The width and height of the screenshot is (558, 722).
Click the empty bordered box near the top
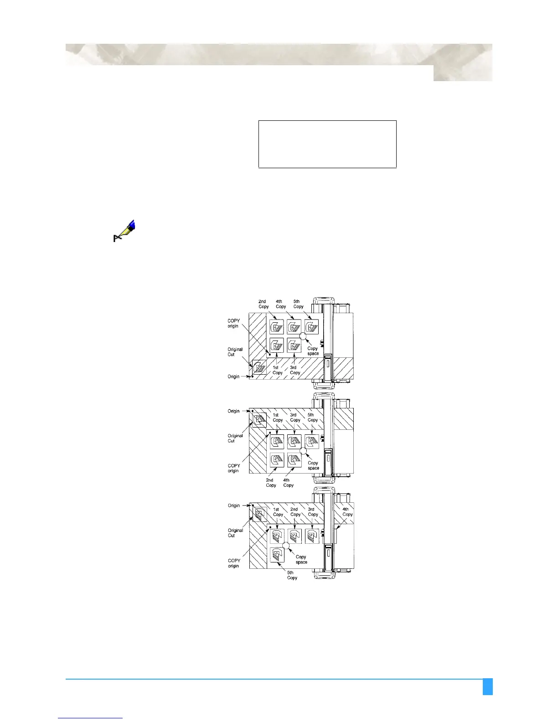(x=327, y=144)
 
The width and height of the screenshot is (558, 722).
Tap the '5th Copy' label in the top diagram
(x=298, y=304)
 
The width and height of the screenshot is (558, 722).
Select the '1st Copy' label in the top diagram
(x=278, y=370)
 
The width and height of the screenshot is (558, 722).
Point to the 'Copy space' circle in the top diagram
(x=303, y=336)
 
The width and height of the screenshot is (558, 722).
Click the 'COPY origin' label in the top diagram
(x=233, y=323)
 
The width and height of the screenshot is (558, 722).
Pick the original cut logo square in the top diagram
(x=259, y=367)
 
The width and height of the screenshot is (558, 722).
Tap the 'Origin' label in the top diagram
(x=233, y=376)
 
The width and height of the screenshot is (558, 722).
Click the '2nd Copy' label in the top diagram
(x=263, y=304)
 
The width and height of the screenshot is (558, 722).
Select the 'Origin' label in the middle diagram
(x=233, y=411)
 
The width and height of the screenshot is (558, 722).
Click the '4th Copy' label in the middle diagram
(x=288, y=483)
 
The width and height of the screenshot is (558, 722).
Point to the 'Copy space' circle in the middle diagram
(x=302, y=451)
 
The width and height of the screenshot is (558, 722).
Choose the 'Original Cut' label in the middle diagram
(x=235, y=438)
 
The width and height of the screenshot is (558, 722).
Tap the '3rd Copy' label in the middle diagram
(x=295, y=418)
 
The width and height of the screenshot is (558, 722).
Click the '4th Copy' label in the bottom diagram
(x=347, y=512)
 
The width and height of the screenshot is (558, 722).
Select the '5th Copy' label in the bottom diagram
(x=292, y=575)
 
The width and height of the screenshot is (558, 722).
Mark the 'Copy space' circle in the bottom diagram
(x=286, y=545)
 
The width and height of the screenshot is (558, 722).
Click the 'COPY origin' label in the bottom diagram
(x=234, y=563)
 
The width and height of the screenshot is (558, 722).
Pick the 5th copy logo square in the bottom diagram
(x=277, y=555)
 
